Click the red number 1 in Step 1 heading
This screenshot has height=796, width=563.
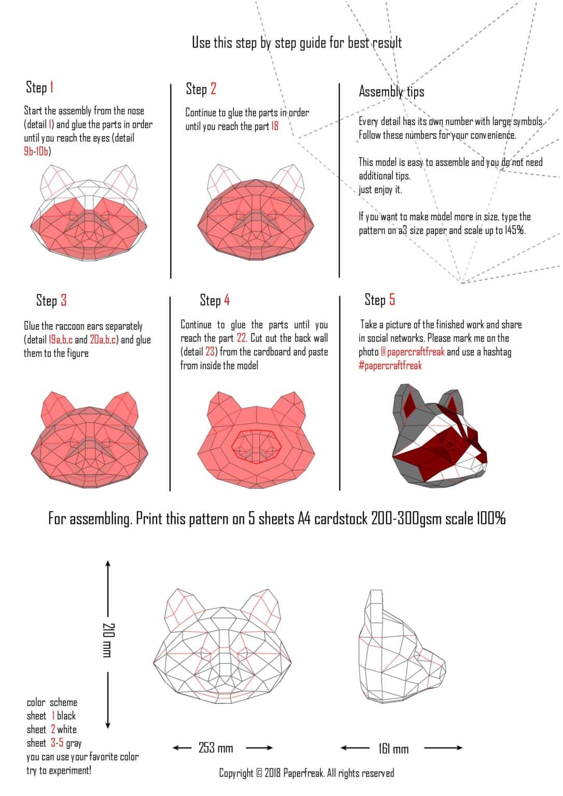51,87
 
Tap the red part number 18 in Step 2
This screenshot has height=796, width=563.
274,126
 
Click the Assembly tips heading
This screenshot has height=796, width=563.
391,92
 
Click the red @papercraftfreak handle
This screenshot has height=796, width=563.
412,352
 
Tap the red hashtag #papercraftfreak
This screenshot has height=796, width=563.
390,365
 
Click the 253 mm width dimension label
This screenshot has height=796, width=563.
216,748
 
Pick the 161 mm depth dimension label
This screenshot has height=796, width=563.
393,748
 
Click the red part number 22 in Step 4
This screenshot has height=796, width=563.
242,338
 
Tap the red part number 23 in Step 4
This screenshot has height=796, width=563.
210,352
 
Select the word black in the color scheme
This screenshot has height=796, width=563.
66,716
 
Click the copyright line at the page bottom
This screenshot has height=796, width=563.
306,773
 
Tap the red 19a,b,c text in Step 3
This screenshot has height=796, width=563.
61,340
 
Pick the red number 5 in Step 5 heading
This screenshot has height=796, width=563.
392,300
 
